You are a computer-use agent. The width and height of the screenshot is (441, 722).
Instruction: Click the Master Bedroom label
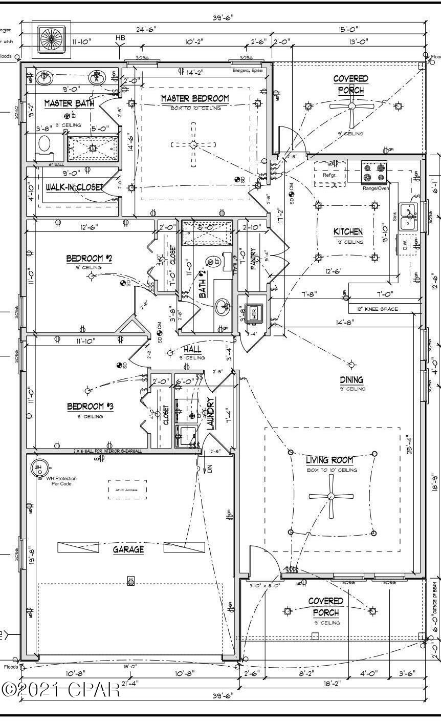[x=195, y=98]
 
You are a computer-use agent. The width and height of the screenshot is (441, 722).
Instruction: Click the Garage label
[x=128, y=549]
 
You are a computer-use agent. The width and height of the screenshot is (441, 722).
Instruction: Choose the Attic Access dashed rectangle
[x=127, y=490]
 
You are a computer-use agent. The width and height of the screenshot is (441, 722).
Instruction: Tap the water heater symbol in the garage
[x=39, y=467]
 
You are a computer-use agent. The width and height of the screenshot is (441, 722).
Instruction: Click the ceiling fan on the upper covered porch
[x=351, y=106]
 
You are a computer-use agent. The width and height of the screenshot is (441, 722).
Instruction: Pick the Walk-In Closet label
[x=74, y=187]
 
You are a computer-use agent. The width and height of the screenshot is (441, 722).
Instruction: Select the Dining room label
[x=351, y=379]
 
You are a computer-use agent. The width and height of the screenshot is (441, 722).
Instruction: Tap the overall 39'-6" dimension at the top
[x=223, y=17]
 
